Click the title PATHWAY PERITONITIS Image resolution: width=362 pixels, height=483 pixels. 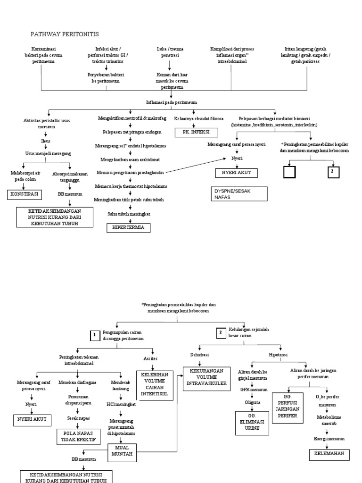(x=65, y=34)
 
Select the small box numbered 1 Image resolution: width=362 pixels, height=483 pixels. (x=94, y=336)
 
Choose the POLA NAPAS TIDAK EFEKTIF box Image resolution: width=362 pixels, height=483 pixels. (x=78, y=436)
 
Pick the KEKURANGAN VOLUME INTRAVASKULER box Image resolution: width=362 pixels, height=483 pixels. (x=207, y=378)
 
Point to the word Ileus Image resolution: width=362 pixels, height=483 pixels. (x=46, y=141)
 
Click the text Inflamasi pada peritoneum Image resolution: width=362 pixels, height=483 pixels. (x=172, y=102)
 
